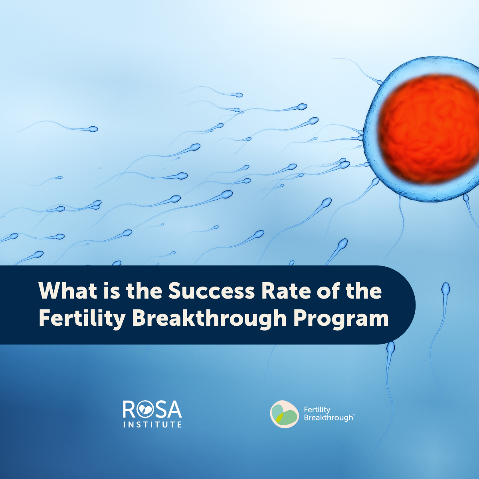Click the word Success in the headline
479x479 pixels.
coord(211,291)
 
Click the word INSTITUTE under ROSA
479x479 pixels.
coord(152,424)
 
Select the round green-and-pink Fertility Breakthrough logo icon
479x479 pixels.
coord(284,414)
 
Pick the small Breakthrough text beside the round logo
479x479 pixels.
coord(328,418)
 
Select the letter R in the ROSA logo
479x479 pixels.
coord(129,409)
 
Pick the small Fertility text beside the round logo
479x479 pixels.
coord(317,410)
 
